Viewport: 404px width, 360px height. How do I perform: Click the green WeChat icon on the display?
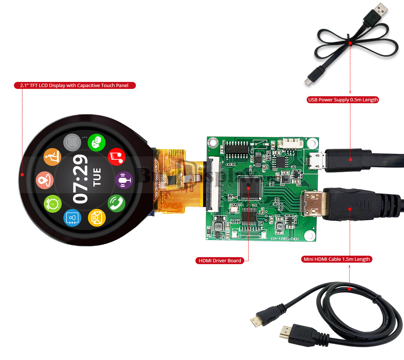[x=97, y=143]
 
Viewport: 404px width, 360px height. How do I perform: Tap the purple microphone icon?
[x=124, y=180]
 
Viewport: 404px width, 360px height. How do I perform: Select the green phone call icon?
[x=116, y=203]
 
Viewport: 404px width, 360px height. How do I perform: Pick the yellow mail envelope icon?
[x=97, y=217]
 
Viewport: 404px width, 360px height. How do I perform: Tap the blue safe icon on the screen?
[x=72, y=218]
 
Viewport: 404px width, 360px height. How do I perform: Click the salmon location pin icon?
[x=45, y=180]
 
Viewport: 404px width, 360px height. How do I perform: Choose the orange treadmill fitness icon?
[x=52, y=157]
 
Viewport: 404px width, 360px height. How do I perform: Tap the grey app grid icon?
[x=72, y=142]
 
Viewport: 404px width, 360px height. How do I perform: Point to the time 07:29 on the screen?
[x=80, y=179]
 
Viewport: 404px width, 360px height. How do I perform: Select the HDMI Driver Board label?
[x=220, y=261]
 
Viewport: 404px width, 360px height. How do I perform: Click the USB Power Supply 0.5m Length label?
[x=343, y=100]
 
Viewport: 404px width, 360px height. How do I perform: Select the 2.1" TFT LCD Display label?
[x=75, y=86]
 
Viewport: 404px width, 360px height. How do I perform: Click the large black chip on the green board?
[x=249, y=187]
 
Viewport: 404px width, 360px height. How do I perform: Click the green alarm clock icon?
[x=53, y=203]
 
